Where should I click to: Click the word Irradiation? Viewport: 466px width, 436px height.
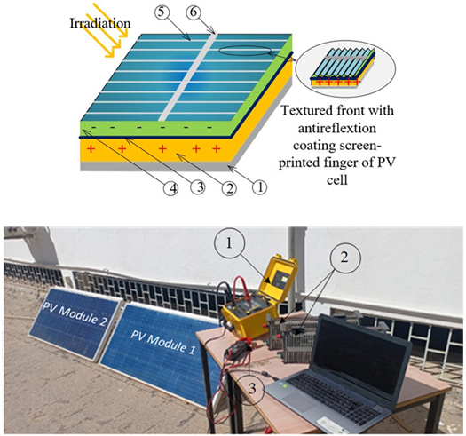pyautogui.click(x=100, y=23)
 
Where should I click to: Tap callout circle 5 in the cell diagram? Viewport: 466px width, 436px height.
pyautogui.click(x=162, y=12)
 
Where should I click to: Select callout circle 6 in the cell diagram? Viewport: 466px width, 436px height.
pyautogui.click(x=194, y=12)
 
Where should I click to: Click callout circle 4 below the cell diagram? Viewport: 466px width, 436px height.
pyautogui.click(x=171, y=188)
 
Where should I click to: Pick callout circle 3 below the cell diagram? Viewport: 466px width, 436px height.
pyautogui.click(x=199, y=187)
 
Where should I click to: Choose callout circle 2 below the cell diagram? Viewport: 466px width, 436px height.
pyautogui.click(x=229, y=188)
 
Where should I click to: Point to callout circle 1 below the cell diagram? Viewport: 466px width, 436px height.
pyautogui.click(x=260, y=187)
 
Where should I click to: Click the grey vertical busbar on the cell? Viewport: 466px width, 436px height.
pyautogui.click(x=187, y=76)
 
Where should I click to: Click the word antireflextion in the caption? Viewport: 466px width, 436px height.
pyautogui.click(x=337, y=129)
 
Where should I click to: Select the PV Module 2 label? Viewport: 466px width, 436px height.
pyautogui.click(x=74, y=314)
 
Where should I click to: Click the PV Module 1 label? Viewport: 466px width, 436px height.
pyautogui.click(x=162, y=342)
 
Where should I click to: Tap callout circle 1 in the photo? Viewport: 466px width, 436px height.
pyautogui.click(x=229, y=243)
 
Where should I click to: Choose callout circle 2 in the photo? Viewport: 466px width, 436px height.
pyautogui.click(x=344, y=258)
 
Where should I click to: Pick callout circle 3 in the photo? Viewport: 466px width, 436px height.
pyautogui.click(x=252, y=388)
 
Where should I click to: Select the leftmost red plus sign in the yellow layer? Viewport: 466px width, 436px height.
pyautogui.click(x=91, y=148)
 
